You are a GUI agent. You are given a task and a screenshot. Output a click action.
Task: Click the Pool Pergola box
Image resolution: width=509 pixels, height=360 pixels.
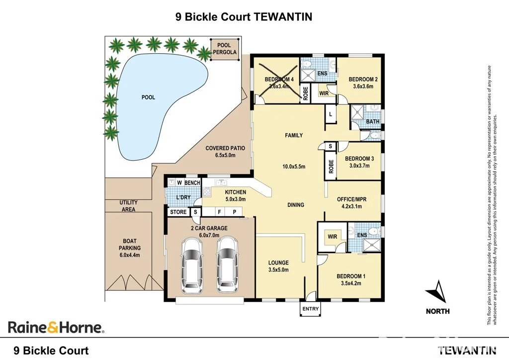click(224, 49)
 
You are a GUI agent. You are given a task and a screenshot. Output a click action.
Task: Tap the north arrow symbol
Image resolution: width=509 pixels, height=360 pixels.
click(437, 292)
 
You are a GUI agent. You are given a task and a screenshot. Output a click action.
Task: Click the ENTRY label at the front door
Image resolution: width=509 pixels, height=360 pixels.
click(310, 309)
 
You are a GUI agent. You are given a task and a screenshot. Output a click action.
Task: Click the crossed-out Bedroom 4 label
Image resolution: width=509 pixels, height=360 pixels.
click(279, 80)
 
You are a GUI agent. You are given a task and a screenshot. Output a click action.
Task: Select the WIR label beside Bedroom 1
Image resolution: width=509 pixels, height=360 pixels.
click(332, 237)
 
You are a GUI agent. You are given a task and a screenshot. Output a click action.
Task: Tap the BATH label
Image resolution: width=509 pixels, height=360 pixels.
click(372, 121)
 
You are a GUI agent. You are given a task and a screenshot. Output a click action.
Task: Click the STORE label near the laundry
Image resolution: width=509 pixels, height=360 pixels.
click(178, 212)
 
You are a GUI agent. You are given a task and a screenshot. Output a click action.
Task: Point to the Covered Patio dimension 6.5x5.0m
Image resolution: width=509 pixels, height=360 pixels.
click(225, 155)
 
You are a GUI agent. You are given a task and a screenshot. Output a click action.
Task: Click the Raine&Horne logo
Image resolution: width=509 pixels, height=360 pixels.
click(56, 327)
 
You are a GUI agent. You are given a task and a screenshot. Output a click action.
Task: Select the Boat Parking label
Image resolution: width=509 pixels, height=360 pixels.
click(129, 248)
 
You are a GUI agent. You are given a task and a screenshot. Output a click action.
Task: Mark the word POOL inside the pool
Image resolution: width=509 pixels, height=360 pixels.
click(148, 97)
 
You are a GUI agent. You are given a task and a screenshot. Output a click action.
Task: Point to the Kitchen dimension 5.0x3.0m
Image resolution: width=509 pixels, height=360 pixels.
click(236, 199)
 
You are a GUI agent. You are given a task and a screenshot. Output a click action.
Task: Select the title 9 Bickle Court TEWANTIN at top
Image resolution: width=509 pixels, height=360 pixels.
click(244, 17)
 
